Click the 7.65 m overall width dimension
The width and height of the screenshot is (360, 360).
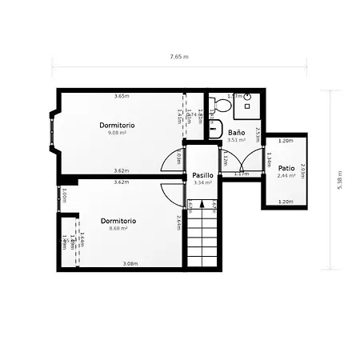click(x=179, y=58)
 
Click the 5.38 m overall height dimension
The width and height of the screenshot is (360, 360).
click(x=339, y=179)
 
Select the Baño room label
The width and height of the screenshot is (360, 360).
click(x=236, y=132)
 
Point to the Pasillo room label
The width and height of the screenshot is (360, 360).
click(x=202, y=175)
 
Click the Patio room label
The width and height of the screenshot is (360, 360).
click(x=286, y=168)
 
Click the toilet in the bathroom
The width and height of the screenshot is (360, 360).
click(x=214, y=107)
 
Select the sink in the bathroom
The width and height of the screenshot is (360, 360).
click(x=213, y=127)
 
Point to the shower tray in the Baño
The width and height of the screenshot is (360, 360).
click(x=246, y=101)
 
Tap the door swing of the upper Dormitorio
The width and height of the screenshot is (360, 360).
click(x=174, y=157)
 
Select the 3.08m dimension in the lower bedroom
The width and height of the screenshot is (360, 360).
click(x=130, y=263)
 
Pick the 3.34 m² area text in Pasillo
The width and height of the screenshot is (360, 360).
click(x=202, y=182)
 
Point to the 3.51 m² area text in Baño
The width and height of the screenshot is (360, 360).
click(x=235, y=140)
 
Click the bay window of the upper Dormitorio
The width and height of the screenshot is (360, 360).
click(x=53, y=130)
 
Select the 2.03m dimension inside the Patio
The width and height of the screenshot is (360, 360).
click(x=302, y=171)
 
